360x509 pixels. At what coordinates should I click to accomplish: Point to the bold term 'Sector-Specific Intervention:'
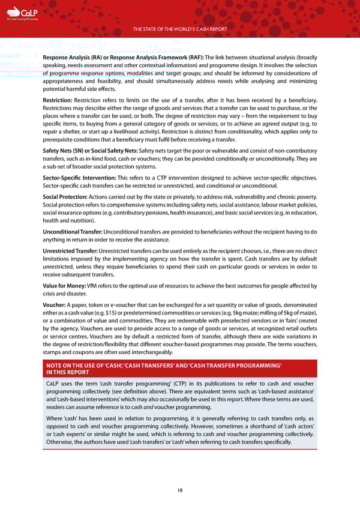pyautogui.click(x=79, y=179)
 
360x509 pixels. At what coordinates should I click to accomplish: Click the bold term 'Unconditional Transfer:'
pyautogui.click(x=73, y=232)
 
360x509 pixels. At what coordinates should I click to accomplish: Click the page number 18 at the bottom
pyautogui.click(x=180, y=489)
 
